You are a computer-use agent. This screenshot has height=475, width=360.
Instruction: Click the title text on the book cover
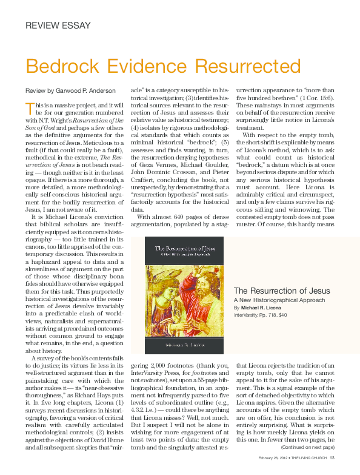pyautogui.click(x=182, y=249)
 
